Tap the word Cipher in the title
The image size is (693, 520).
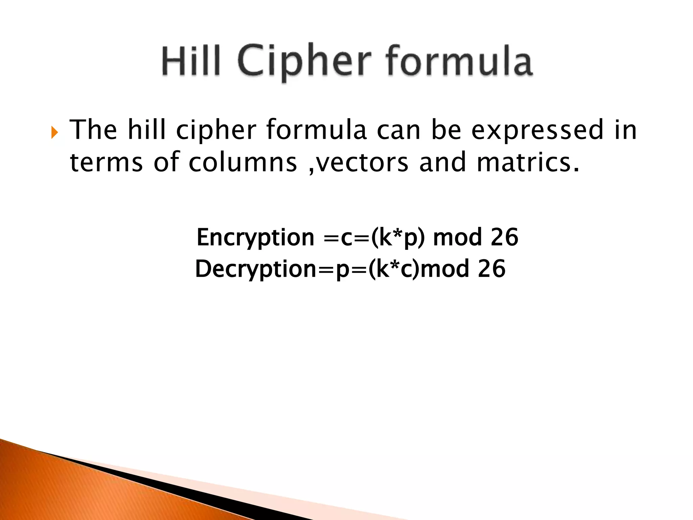[x=303, y=63]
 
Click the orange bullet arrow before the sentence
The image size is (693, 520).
[x=54, y=132]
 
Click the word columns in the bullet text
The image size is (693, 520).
[x=243, y=162]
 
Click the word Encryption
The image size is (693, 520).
[x=255, y=238]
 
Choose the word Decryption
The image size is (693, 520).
[x=255, y=269]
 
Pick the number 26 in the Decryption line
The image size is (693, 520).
[x=491, y=269]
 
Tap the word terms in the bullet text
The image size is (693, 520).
[x=106, y=162]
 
